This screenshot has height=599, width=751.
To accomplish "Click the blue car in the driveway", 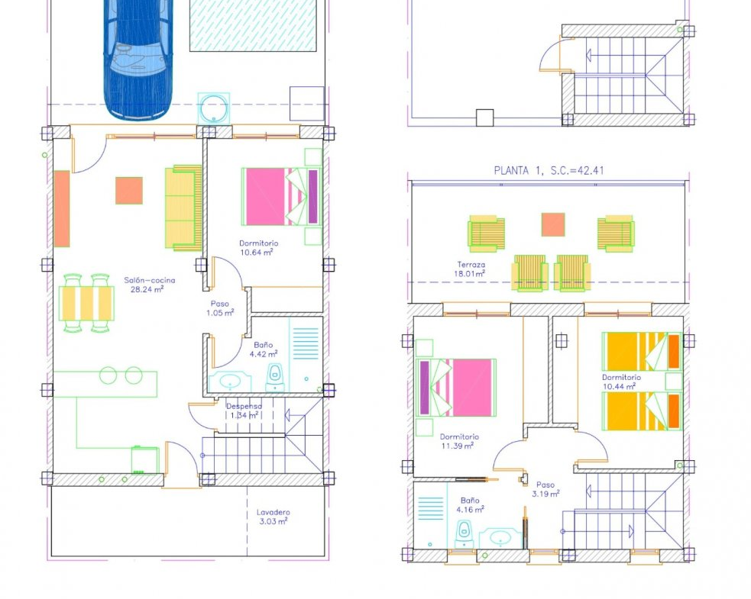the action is (x=137, y=57).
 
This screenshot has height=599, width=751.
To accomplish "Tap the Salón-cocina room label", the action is (x=150, y=280).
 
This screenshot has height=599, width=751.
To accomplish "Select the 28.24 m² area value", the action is (x=147, y=289).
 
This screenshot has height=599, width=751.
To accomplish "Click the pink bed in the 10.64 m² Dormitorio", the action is (x=281, y=196).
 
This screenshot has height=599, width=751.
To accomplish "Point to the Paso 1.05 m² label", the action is (x=220, y=308).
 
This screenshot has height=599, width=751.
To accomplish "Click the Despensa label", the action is (x=244, y=406).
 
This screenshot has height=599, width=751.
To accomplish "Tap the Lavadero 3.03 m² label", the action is (x=273, y=517).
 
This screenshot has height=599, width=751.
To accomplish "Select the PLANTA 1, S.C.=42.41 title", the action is (x=549, y=170).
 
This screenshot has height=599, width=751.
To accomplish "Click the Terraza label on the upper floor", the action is (x=471, y=264).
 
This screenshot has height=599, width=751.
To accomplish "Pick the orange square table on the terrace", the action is (x=553, y=224).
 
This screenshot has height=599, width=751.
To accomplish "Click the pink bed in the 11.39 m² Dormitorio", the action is (x=456, y=388).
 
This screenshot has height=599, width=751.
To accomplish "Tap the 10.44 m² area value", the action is (x=620, y=386).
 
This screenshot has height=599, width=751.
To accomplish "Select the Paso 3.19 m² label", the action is (x=545, y=489).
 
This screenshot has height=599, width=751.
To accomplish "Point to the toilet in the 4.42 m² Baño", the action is (x=274, y=377).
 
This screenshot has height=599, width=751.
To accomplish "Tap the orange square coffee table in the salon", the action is (x=129, y=191).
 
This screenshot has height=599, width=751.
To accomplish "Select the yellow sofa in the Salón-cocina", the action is (x=183, y=208).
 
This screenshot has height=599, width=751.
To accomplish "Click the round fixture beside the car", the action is (x=214, y=108).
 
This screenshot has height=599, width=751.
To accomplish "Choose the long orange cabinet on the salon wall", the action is (x=62, y=208).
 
